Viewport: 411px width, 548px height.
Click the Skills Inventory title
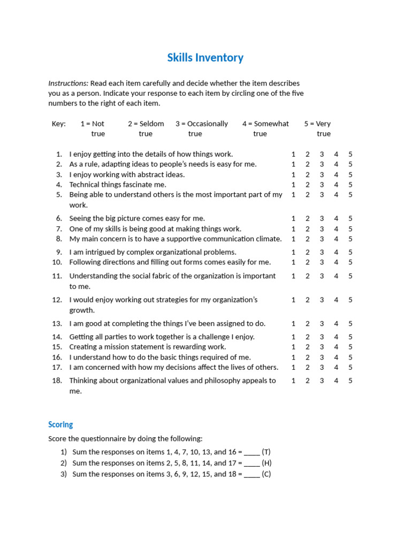pos(205,58)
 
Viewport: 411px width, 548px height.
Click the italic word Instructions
pos(68,83)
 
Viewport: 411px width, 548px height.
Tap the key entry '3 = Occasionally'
pos(201,124)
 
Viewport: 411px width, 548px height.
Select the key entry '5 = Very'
pos(317,124)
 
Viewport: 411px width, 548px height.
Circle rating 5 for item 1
pos(351,154)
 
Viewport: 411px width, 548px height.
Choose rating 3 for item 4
pos(322,185)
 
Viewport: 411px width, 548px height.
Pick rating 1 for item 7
pos(293,229)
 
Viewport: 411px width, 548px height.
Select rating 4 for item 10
pos(336,262)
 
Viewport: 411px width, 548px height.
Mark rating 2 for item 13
pos(308,324)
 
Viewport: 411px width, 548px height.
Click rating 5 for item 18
pos(351,381)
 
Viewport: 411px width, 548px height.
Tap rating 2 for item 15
pos(308,347)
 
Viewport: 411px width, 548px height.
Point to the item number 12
pos(57,300)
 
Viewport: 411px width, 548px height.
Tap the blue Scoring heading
pos(60,424)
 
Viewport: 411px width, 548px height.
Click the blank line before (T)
pos(252,452)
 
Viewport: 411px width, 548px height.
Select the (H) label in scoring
pos(267,463)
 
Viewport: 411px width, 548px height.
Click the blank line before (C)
pos(252,474)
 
